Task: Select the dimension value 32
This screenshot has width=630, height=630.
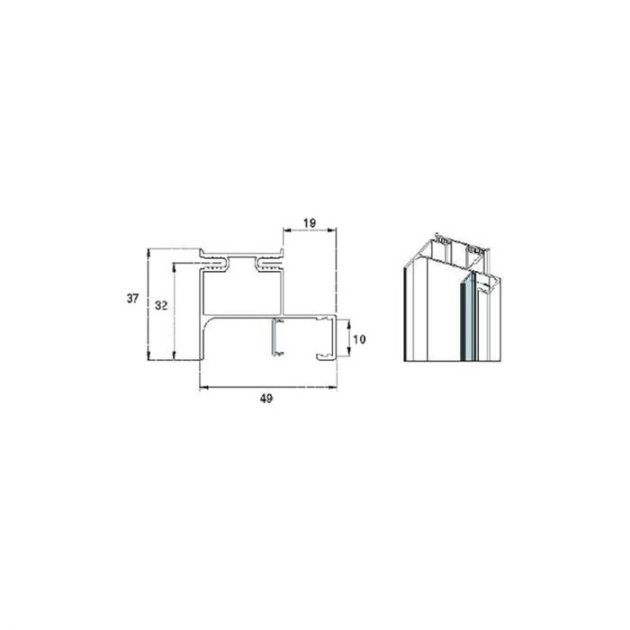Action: pos(160,306)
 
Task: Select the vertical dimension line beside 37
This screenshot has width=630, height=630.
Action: pos(147,306)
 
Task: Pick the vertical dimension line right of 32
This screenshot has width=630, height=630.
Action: pos(174,310)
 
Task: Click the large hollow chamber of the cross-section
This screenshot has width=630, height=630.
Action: pos(241,292)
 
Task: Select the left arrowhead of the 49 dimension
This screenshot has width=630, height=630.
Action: pos(200,387)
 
